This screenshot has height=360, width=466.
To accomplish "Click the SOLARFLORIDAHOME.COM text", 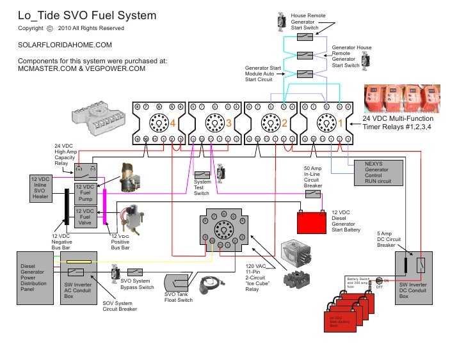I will [65, 45].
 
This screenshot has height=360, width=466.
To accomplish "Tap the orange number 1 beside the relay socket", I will [341, 122].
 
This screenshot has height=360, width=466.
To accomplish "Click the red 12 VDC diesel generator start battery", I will [312, 223].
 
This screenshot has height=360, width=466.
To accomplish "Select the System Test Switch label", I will [202, 188].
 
